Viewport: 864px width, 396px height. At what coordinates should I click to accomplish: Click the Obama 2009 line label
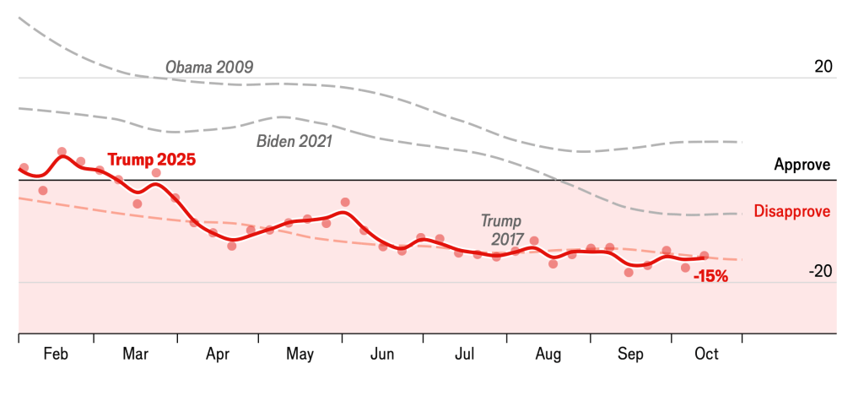[209, 67]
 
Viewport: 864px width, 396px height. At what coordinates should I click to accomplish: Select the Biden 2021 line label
[294, 141]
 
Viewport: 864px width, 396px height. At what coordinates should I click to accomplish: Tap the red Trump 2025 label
[152, 160]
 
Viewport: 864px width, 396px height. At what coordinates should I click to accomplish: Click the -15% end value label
[710, 275]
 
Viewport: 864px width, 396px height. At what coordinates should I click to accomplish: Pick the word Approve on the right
[802, 165]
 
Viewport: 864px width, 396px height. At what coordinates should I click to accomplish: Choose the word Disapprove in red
[792, 211]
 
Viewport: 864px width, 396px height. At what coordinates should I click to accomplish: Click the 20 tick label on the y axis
[823, 67]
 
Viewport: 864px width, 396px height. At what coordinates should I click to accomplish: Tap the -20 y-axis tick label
[820, 271]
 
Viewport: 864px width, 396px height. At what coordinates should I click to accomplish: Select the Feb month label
[56, 354]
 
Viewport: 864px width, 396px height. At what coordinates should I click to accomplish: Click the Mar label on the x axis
[135, 354]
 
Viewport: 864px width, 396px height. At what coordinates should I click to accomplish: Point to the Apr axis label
[218, 354]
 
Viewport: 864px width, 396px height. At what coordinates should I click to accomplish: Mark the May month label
[300, 354]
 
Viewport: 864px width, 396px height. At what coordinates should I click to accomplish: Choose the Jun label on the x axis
[382, 354]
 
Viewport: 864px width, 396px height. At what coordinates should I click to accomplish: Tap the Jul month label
[464, 354]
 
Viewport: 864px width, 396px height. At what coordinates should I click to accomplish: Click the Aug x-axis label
[548, 354]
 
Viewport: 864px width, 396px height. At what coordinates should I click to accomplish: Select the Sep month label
[630, 354]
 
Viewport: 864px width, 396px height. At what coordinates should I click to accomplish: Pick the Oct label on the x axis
[706, 354]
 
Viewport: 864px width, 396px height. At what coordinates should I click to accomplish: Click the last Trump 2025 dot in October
[705, 255]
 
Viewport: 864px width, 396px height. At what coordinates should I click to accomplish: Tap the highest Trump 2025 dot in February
[62, 152]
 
